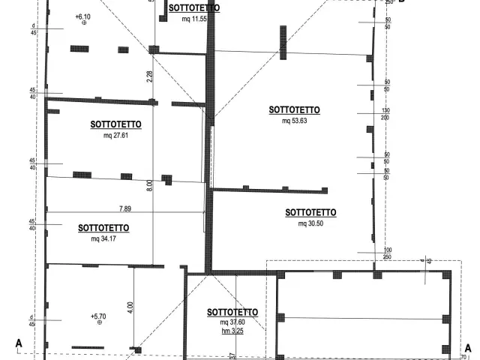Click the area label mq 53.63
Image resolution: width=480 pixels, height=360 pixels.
[294, 120]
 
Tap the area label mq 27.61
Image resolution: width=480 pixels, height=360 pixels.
[115, 136]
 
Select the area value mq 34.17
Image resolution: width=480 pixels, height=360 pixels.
[103, 238]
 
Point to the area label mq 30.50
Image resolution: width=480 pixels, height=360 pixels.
[310, 223]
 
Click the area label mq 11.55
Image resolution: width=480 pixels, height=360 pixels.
[193, 18]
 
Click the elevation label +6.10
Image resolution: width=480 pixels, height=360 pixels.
[83, 16]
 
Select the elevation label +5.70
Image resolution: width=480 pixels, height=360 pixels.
[98, 316]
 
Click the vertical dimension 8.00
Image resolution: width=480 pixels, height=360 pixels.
[149, 183]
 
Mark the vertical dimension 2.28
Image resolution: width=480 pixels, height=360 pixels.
[149, 75]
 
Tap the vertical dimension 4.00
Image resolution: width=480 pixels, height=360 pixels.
[130, 306]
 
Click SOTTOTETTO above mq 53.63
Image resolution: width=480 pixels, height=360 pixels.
[294, 109]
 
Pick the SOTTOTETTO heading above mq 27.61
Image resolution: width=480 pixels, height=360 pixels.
[115, 124]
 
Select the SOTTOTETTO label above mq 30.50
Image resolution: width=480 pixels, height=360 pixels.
[310, 212]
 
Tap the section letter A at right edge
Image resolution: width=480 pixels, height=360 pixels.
[467, 348]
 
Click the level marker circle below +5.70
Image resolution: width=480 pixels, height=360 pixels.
[98, 323]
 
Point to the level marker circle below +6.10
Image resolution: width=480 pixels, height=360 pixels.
[83, 24]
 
